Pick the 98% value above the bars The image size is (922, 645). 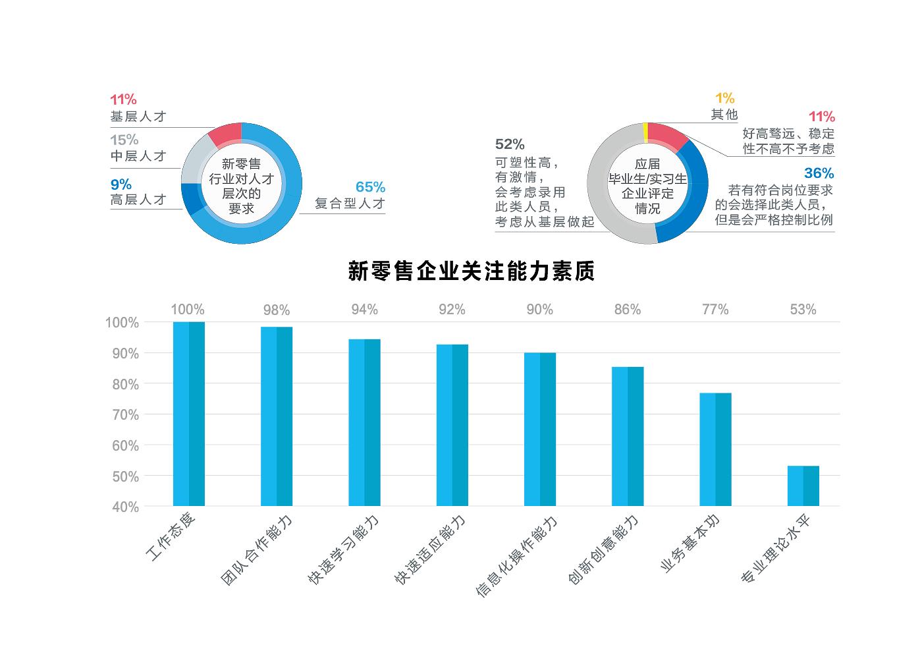pos(277,310)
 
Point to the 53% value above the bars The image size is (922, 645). pos(803,310)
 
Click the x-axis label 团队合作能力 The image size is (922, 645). pos(257,551)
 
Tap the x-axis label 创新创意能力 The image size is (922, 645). pos(604,550)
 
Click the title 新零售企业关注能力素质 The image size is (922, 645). pos(472,271)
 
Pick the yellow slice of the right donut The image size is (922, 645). pos(646,132)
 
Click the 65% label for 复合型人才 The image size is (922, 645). pos(370,187)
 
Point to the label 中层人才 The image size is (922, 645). pos(138,156)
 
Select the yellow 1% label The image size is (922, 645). pos(724,98)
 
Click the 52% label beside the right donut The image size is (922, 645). pos(510,144)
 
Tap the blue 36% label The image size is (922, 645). pos(819,173)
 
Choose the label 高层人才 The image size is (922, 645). pos(138,200)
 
